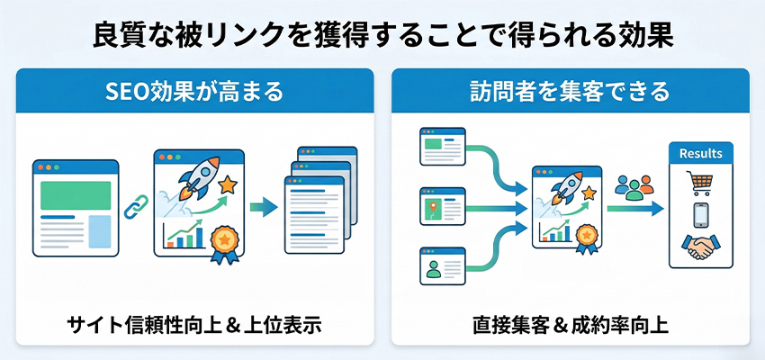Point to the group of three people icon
point(633,188)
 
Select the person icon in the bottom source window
point(432,267)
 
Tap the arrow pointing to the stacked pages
point(263,208)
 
